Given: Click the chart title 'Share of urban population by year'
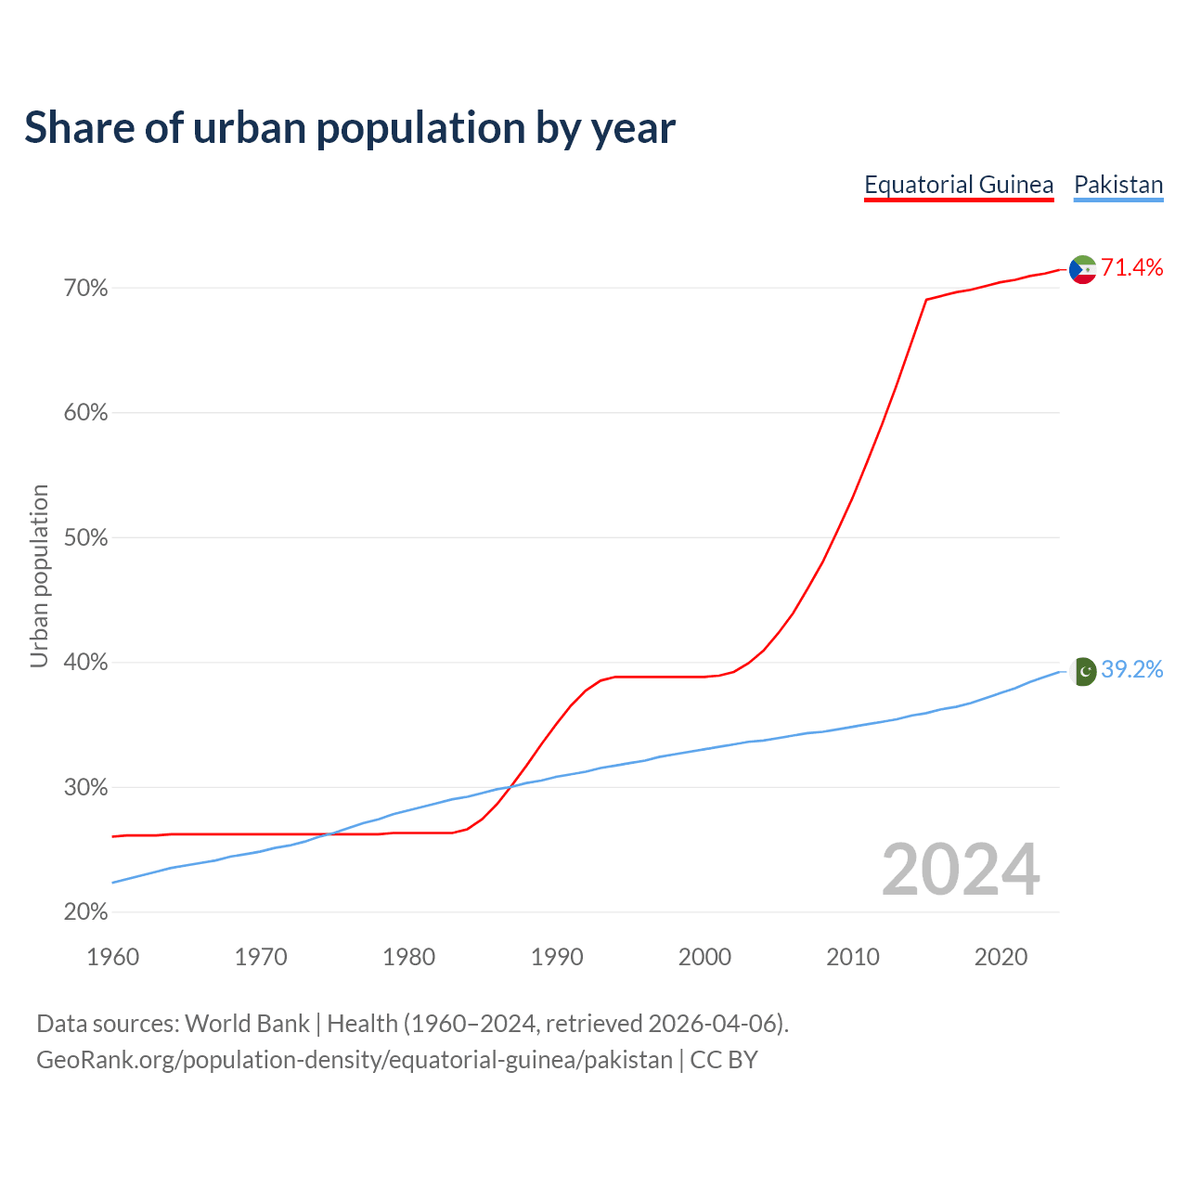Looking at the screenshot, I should (x=350, y=128).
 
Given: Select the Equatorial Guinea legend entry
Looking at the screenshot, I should (x=959, y=185).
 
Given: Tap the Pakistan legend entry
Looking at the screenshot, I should (x=1118, y=185).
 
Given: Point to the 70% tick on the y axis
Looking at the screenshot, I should (x=86, y=289).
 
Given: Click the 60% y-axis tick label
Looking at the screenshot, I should (x=86, y=413).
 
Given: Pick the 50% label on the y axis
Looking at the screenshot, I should (x=86, y=538).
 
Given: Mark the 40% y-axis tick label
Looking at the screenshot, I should (x=86, y=663).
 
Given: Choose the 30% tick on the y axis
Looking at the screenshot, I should (x=86, y=788).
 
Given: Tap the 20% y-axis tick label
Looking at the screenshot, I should (x=86, y=912).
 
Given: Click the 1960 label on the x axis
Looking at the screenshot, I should (x=113, y=957).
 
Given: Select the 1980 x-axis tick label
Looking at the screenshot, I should (x=409, y=957).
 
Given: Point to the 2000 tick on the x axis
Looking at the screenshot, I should (x=705, y=957).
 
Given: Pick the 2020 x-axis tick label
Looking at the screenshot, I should (x=1001, y=957).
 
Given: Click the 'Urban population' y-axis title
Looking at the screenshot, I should (x=39, y=576).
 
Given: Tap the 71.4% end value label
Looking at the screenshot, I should (x=1132, y=268).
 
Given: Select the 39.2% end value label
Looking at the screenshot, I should (x=1132, y=670).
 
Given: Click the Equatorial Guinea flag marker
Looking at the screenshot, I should (x=1083, y=269).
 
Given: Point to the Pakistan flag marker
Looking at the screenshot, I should (x=1083, y=671).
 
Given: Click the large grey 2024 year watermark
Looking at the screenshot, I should (x=961, y=871).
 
